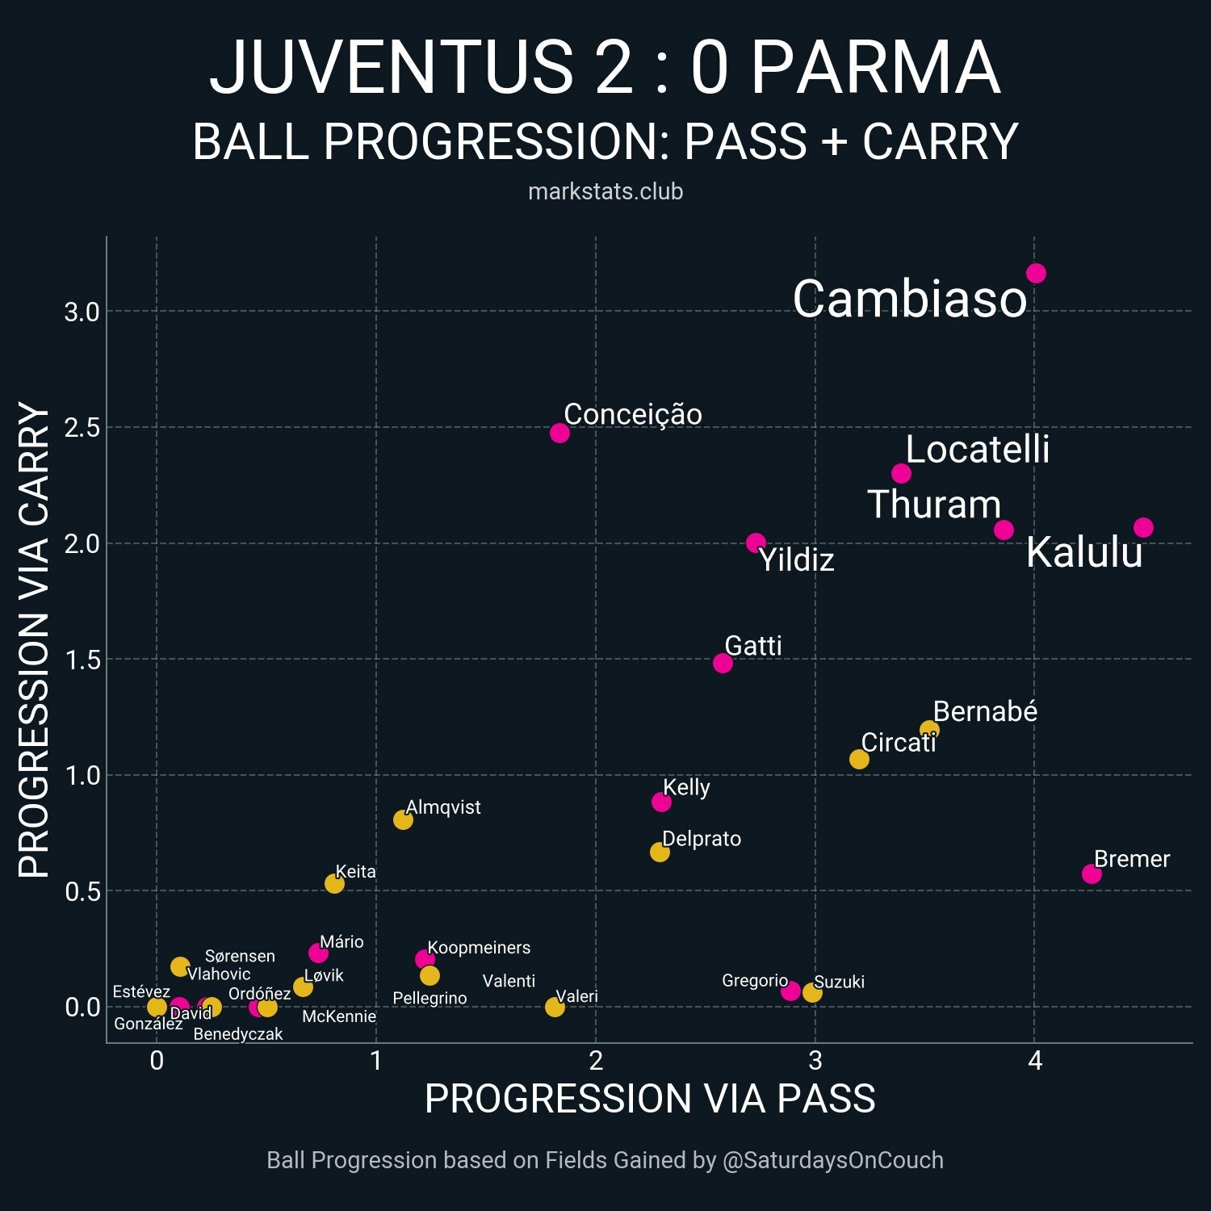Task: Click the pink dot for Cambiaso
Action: pyautogui.click(x=1036, y=274)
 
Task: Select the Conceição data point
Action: pyautogui.click(x=559, y=433)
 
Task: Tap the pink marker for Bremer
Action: pyautogui.click(x=1092, y=874)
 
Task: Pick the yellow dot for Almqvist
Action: pyautogui.click(x=403, y=819)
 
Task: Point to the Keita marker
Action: pyautogui.click(x=334, y=883)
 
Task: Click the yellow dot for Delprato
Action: pyautogui.click(x=660, y=852)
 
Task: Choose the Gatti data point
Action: pyautogui.click(x=723, y=663)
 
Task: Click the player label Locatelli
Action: pyautogui.click(x=977, y=449)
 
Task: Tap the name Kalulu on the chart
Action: pyautogui.click(x=1084, y=553)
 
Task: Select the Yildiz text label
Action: pyautogui.click(x=796, y=559)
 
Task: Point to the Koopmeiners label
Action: pyautogui.click(x=479, y=947)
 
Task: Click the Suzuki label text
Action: pyautogui.click(x=839, y=982)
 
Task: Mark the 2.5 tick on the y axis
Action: pyautogui.click(x=82, y=427)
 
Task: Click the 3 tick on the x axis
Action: pyautogui.click(x=815, y=1061)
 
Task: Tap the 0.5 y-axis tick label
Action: pyautogui.click(x=82, y=891)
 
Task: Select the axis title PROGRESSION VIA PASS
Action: pyautogui.click(x=650, y=1099)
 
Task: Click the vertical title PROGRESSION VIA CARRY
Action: pyautogui.click(x=34, y=639)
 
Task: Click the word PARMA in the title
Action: pyautogui.click(x=876, y=68)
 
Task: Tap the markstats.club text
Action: pyautogui.click(x=605, y=191)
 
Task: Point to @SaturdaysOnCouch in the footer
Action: pyautogui.click(x=832, y=1160)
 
